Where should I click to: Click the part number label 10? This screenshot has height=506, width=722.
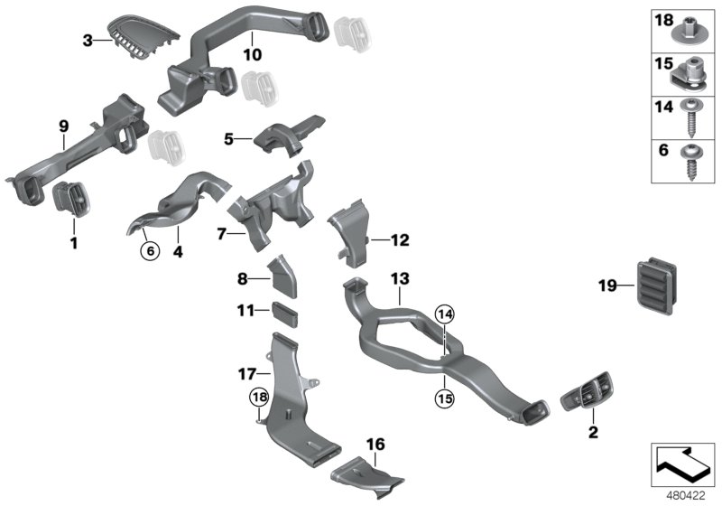coord(253,54)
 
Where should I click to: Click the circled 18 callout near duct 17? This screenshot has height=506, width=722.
coord(260,397)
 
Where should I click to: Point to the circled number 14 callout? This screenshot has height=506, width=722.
coord(443,314)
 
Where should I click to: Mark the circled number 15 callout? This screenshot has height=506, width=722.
coord(443,395)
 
